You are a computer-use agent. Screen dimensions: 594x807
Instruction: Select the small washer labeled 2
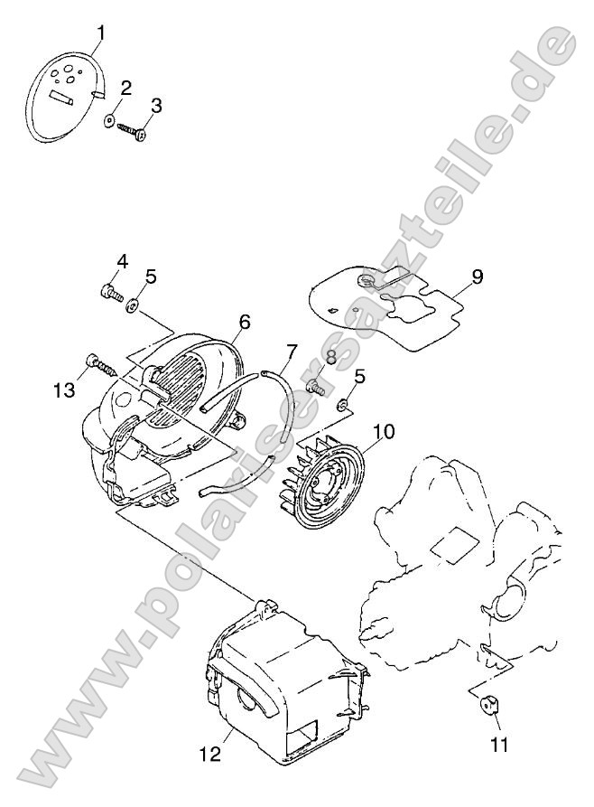(110, 120)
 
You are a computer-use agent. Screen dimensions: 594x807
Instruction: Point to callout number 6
(245, 323)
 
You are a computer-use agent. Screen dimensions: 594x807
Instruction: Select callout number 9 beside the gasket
(478, 277)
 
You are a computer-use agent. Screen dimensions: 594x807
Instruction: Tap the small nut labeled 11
(487, 704)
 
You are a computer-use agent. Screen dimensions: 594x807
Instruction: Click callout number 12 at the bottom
(209, 754)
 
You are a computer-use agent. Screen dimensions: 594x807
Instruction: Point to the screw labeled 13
(102, 366)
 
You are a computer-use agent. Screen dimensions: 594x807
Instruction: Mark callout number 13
(65, 389)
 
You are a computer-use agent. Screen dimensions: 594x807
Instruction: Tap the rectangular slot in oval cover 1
(60, 97)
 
